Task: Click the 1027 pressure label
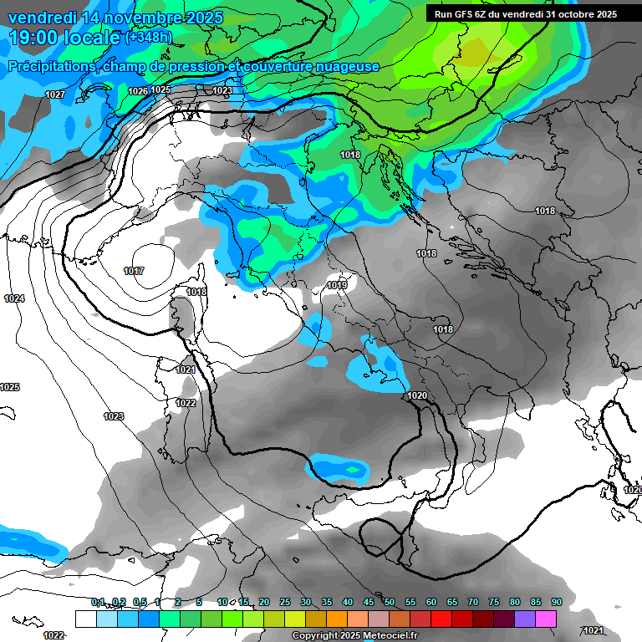[x=55, y=94]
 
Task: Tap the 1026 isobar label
[x=138, y=90]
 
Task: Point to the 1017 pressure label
[x=133, y=271]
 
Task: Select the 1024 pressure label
[x=13, y=298]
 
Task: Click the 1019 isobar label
[x=337, y=286]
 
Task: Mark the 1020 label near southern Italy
[x=417, y=395]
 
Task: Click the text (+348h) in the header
[x=149, y=37]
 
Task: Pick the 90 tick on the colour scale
[x=557, y=602]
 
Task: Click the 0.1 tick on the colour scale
[x=98, y=602]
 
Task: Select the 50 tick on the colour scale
[x=390, y=602]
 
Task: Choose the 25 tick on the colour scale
[x=285, y=602]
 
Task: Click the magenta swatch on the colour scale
[x=546, y=619]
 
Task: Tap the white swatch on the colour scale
[x=85, y=619]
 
